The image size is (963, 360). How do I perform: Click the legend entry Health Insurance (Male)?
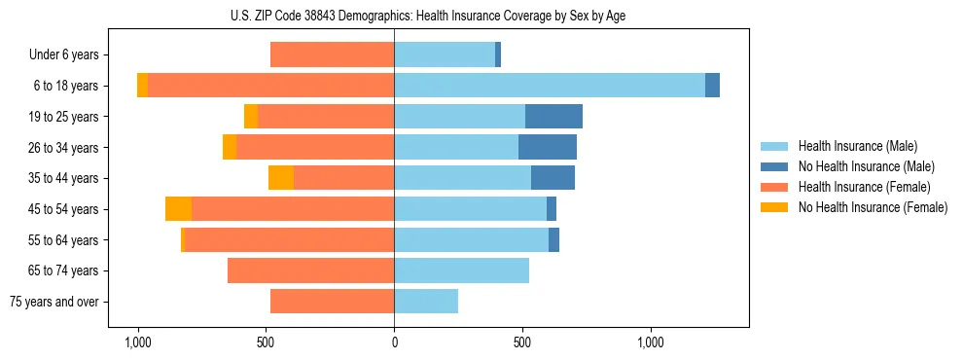pos(857,146)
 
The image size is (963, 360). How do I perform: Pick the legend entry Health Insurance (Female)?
pos(864,187)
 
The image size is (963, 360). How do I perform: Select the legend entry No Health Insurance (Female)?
pos(872,207)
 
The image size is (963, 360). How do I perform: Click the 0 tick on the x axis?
pos(394,342)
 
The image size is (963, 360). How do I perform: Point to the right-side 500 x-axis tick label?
pos(522,342)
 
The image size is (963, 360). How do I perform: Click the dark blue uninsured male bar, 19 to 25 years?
pos(553,117)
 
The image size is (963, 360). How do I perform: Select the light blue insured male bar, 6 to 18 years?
pos(550,86)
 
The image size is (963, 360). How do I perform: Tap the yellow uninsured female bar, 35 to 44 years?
pos(281,178)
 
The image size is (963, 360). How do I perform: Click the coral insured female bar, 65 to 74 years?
pos(310,270)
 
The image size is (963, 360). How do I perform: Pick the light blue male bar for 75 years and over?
pos(426,302)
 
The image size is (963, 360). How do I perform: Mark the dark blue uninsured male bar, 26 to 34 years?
pos(548,147)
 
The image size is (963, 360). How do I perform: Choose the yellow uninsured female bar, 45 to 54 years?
pos(178,209)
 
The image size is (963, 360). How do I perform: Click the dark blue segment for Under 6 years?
pos(498,55)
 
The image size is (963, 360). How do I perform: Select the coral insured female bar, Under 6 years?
pos(332,55)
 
